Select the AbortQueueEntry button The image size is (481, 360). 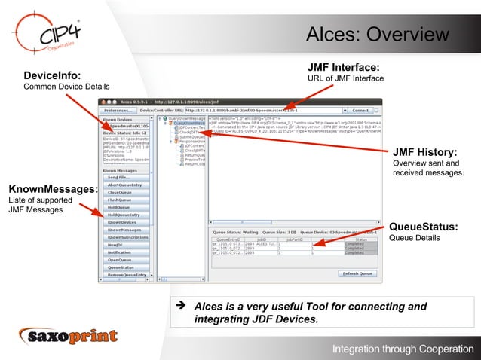pyautogui.click(x=124, y=185)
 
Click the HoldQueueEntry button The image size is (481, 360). pyautogui.click(x=124, y=215)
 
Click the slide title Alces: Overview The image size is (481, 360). pyautogui.click(x=376, y=35)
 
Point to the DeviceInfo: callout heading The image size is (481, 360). pyautogui.click(x=52, y=75)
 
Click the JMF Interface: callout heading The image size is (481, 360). pyautogui.click(x=343, y=68)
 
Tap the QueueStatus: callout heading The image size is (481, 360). pyautogui.click(x=423, y=227)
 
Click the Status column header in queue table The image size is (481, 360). pyautogui.click(x=360, y=239)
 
